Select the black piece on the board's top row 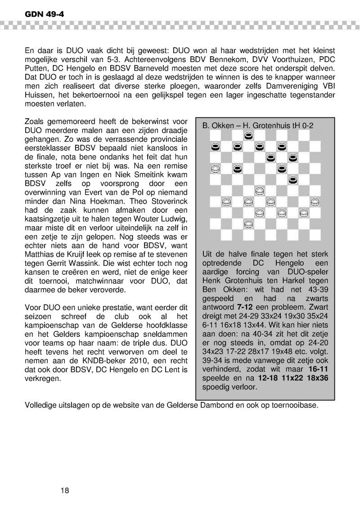pyautogui.click(x=248, y=135)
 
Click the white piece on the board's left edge pyautogui.click(x=216, y=169)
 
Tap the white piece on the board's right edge pyautogui.click(x=315, y=202)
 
